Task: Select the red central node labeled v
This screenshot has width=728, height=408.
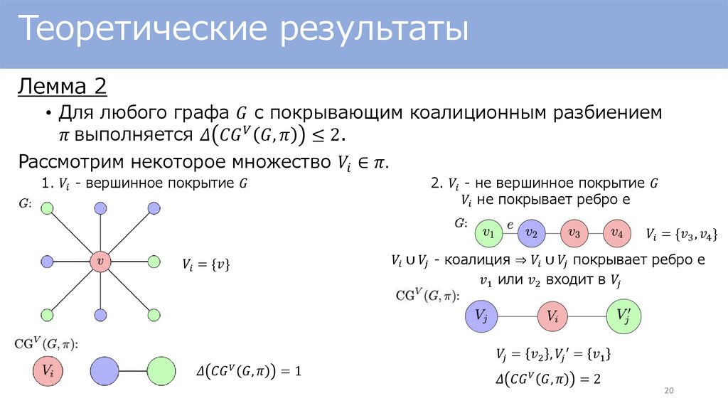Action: pos(100,262)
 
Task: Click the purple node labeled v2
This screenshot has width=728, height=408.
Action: pos(531,232)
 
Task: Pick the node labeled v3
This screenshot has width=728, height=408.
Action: pos(574,232)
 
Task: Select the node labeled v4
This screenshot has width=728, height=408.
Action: pos(617,232)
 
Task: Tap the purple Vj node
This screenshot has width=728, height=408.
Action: pos(481,317)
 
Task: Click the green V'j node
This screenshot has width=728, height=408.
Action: pos(623,317)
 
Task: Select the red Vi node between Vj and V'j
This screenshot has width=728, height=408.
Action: pos(552,317)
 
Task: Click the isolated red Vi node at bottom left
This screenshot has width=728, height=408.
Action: pos(48,370)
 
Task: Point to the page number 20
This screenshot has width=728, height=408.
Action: pos(668,392)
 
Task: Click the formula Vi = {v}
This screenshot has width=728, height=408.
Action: pos(206,265)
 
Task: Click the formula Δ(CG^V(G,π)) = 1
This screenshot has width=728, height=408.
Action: pos(250,371)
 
